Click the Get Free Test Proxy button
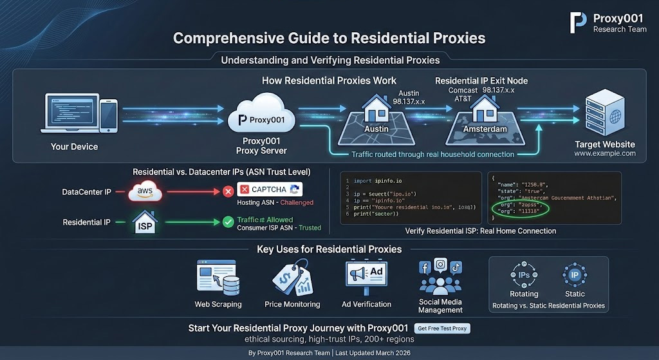[442, 328]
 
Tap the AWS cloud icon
[145, 191]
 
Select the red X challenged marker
[227, 191]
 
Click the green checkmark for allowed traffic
[227, 222]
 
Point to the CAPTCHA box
[270, 189]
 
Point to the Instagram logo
[440, 264]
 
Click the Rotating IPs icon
[524, 274]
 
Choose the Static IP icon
[575, 274]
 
